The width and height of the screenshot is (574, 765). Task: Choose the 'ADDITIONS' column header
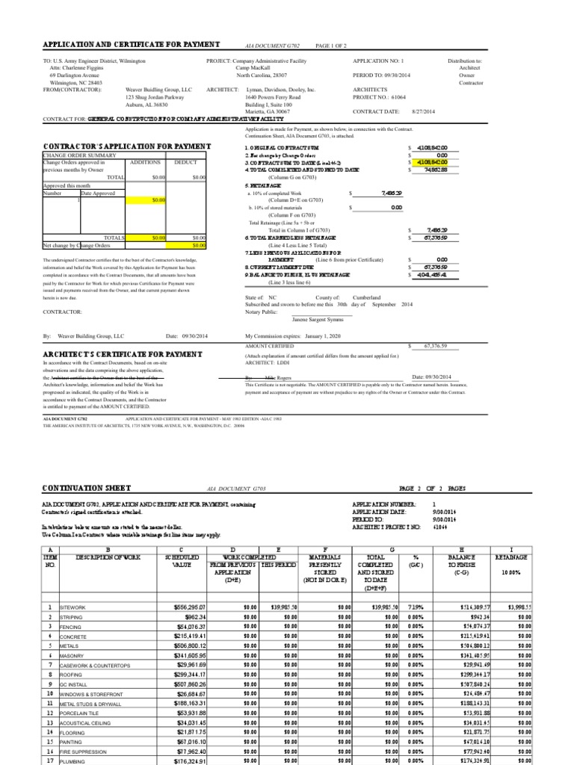[145, 161]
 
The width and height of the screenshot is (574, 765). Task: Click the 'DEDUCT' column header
[185, 161]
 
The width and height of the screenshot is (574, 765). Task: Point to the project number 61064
[401, 96]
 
